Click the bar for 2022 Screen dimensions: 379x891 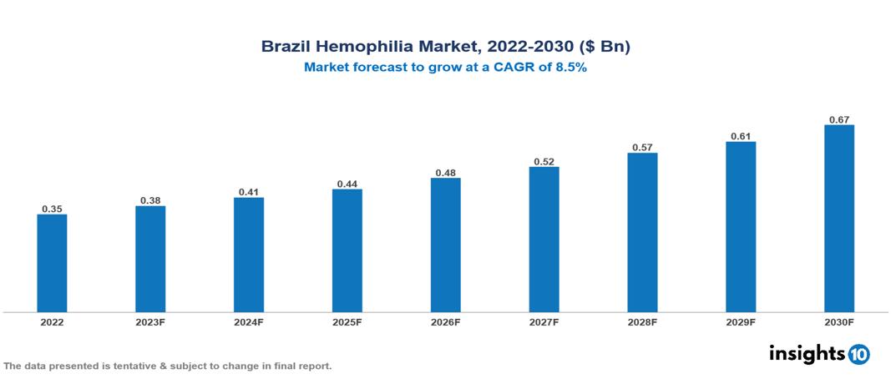point(52,263)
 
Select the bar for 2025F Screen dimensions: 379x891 point(347,250)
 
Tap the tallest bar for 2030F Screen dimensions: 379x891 point(838,219)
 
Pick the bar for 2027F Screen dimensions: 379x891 point(544,240)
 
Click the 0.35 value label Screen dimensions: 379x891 point(52,209)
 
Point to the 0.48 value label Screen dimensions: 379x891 point(445,173)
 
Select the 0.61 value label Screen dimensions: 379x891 point(741,136)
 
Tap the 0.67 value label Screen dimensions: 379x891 point(838,119)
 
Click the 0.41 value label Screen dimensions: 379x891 point(249,192)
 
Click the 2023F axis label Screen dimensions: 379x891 point(150,321)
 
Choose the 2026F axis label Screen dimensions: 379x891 point(445,321)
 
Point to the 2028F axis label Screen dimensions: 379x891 point(642,321)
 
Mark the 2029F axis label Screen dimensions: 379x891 point(741,321)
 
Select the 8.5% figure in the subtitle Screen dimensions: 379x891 point(571,68)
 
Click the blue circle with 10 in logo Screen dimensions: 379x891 point(858,354)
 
